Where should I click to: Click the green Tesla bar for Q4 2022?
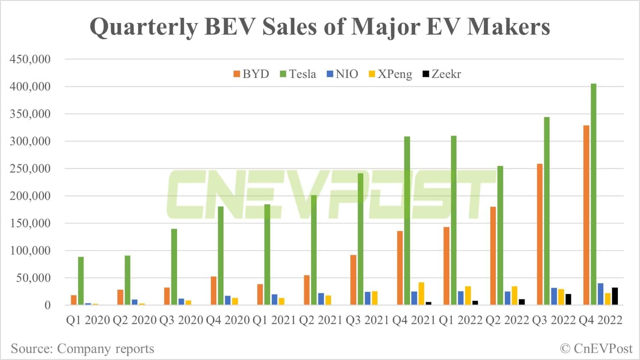tap(593, 194)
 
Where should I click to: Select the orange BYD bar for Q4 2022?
tap(586, 215)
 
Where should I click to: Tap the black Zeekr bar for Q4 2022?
tap(615, 296)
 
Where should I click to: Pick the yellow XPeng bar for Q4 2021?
tap(421, 293)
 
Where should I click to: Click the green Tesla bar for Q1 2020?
tap(81, 281)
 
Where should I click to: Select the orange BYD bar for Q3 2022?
tap(540, 234)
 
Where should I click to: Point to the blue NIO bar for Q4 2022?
tap(600, 294)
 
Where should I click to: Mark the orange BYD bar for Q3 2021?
tap(353, 280)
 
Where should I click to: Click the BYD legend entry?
tap(251, 74)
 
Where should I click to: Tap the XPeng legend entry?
tap(390, 74)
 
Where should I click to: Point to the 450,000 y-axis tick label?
tap(30, 59)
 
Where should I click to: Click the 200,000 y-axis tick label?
tap(30, 196)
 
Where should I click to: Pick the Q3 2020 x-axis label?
tap(181, 320)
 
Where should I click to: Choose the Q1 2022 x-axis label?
tap(461, 320)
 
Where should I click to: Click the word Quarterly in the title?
tap(144, 27)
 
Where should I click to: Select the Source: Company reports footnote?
tap(82, 348)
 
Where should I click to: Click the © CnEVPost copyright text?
tap(596, 348)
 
